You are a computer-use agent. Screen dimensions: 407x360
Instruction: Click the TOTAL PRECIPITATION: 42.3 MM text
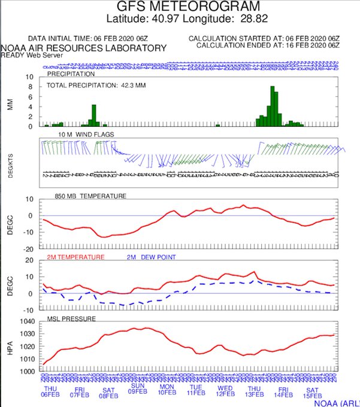pyautogui.click(x=96, y=86)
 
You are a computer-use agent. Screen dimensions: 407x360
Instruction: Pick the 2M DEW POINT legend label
pyautogui.click(x=148, y=257)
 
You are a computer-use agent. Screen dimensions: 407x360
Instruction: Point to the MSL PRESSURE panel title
pyautogui.click(x=71, y=319)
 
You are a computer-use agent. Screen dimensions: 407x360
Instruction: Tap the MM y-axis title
pyautogui.click(x=9, y=102)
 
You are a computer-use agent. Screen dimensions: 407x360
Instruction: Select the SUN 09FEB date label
pyautogui.click(x=137, y=390)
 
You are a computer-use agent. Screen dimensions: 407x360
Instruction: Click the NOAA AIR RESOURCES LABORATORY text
pyautogui.click(x=83, y=47)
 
